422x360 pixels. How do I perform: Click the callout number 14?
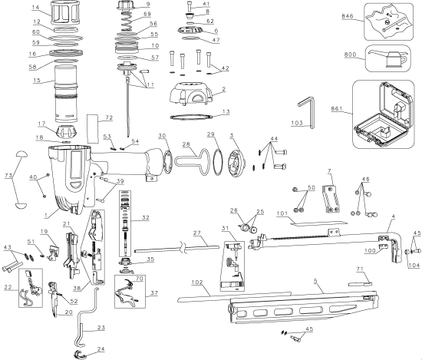(x=35, y=8)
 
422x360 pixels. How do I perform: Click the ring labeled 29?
(x=221, y=163)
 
